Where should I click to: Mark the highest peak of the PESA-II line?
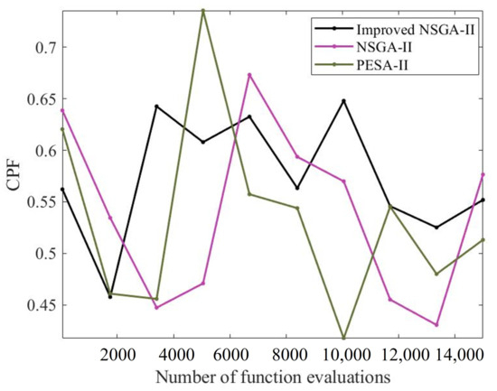[x=203, y=10]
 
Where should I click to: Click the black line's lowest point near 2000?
[x=110, y=296]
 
